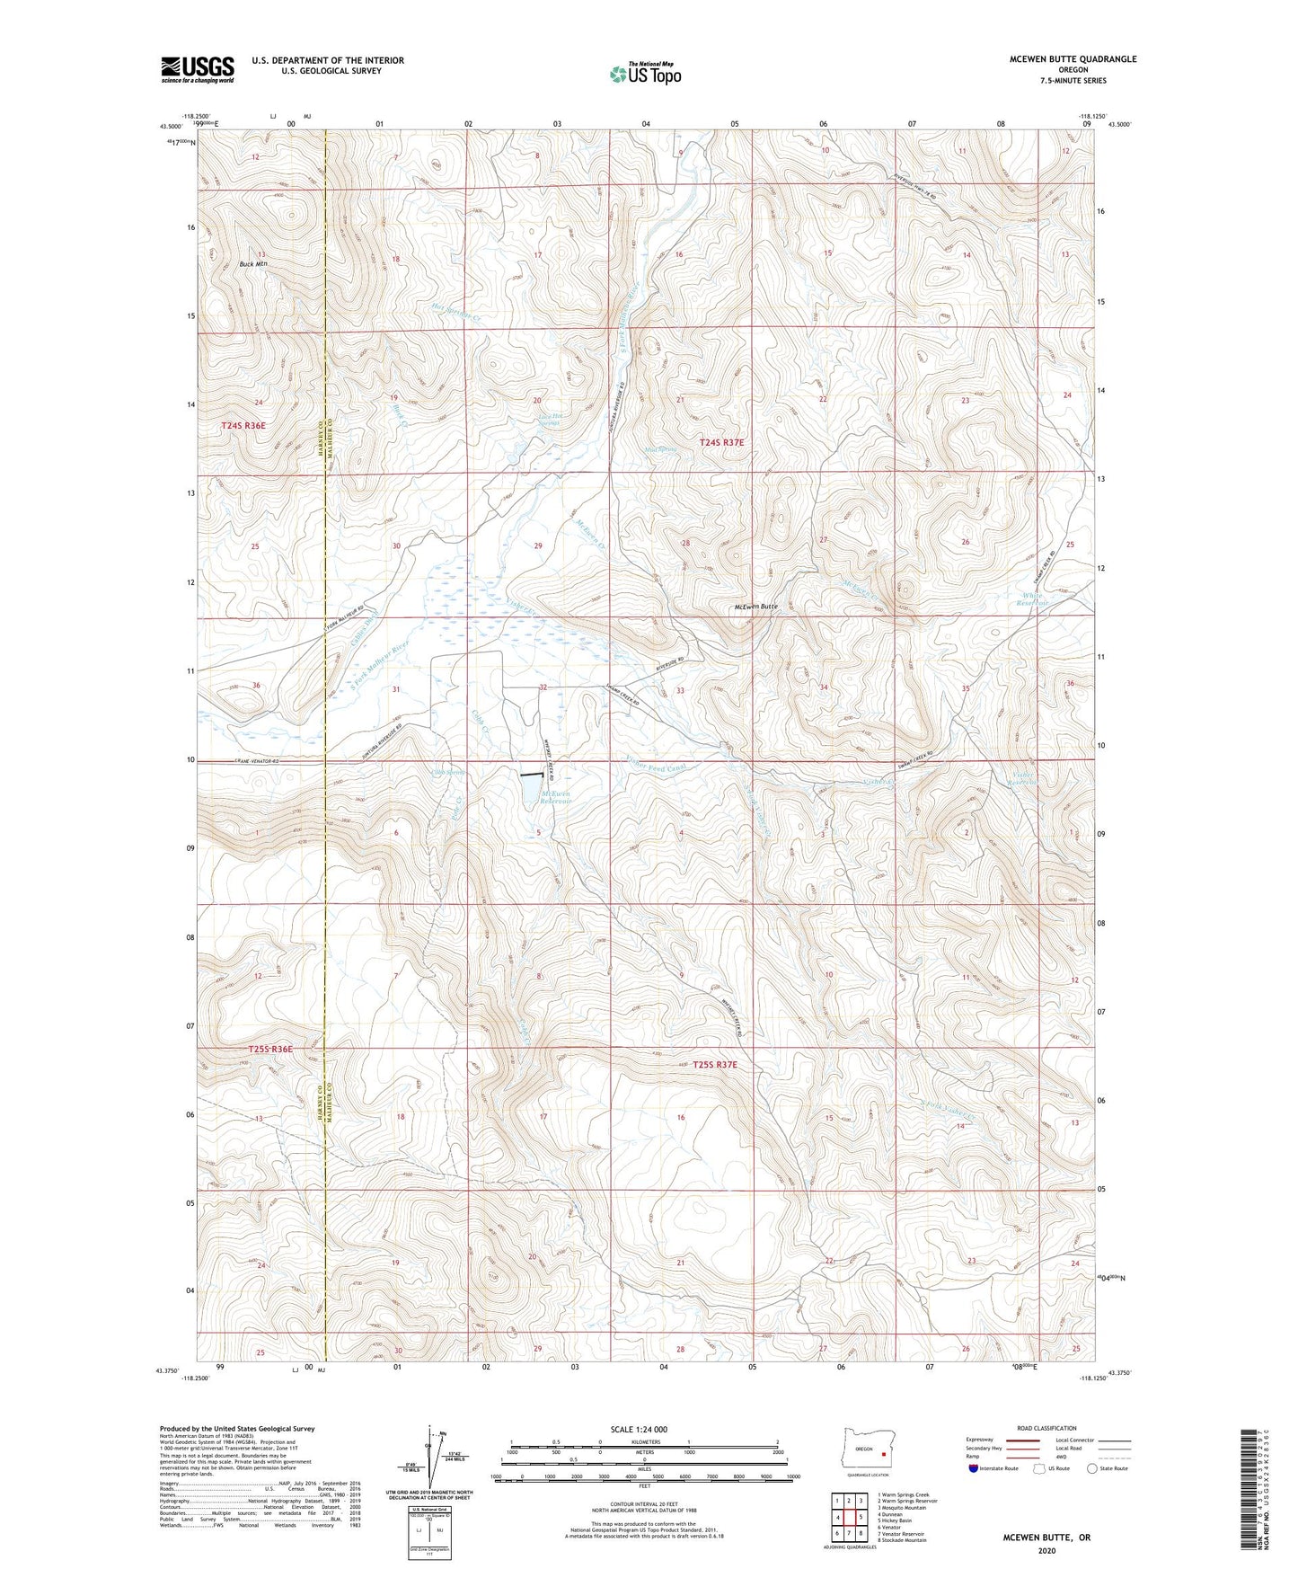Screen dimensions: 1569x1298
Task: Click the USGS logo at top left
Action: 197,69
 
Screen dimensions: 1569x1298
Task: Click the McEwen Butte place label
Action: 755,607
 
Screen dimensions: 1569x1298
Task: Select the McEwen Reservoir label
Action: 555,797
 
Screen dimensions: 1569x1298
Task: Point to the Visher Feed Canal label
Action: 655,767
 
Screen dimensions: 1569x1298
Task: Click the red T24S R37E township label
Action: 721,442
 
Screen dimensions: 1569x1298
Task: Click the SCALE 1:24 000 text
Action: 639,1429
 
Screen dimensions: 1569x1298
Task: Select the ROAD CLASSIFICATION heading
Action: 1047,1428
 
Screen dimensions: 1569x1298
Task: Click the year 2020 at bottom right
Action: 1046,1550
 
